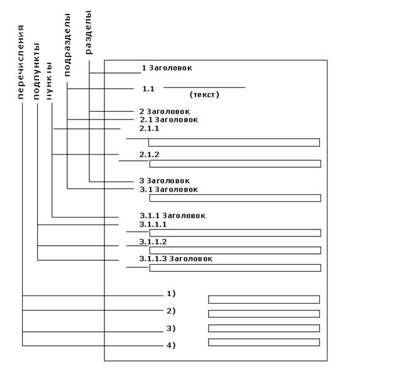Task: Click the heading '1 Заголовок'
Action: click(167, 67)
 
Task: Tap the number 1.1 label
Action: click(148, 89)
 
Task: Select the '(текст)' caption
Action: click(204, 95)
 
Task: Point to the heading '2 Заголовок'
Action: click(164, 111)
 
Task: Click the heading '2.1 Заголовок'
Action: click(168, 119)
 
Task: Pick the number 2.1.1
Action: click(149, 128)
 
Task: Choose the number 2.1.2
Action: click(149, 155)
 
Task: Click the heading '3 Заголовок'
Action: click(164, 181)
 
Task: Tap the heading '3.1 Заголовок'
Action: click(168, 189)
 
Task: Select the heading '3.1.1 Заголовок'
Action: click(172, 216)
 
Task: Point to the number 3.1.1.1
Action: click(153, 224)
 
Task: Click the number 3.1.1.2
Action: click(153, 242)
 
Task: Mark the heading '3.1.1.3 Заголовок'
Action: click(176, 259)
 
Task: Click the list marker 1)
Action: click(171, 294)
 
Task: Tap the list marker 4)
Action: click(171, 345)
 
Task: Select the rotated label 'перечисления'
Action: click(21, 62)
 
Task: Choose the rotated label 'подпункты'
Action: click(37, 72)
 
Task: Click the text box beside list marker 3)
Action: click(263, 328)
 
